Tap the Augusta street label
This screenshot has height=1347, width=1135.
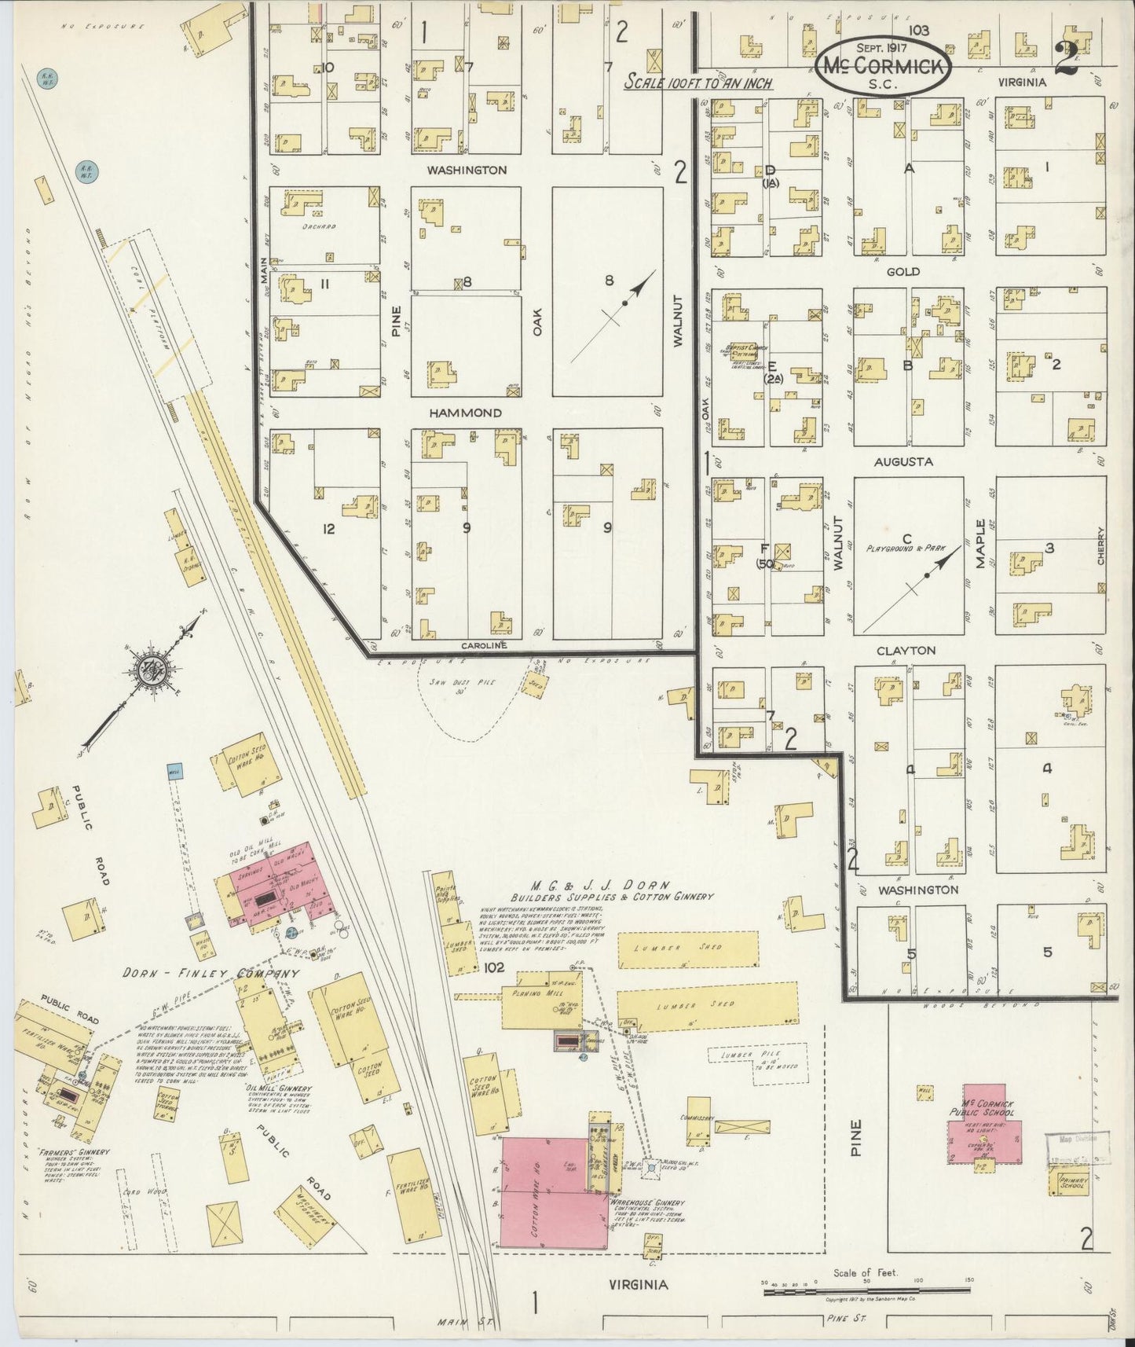coord(904,462)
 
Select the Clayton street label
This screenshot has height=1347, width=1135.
coord(906,651)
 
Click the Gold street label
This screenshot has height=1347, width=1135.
coord(903,272)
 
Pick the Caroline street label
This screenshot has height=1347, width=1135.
coord(484,645)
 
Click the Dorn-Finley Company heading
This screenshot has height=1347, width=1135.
coord(211,974)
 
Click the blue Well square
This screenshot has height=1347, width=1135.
coord(176,772)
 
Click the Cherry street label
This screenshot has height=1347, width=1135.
coord(1100,545)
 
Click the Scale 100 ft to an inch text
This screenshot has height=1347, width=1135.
coord(698,83)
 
